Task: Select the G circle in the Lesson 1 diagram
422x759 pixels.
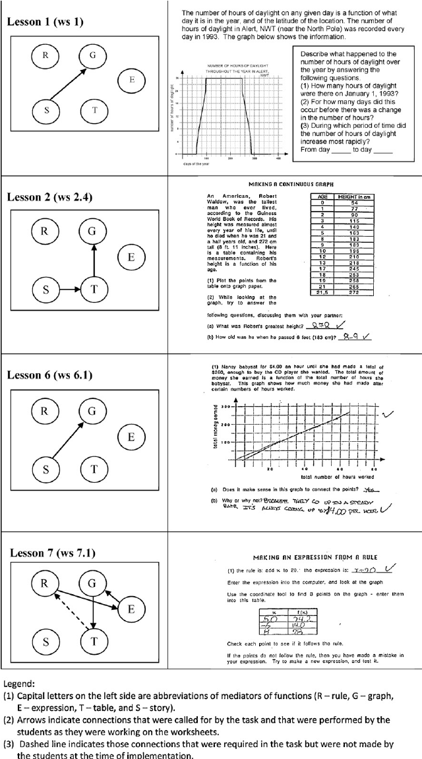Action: coord(93,55)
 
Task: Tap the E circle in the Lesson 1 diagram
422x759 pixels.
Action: coord(131,80)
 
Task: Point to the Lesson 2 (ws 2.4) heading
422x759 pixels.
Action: coord(49,197)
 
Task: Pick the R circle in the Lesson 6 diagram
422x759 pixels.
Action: coord(45,411)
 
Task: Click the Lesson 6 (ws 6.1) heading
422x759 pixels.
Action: coord(49,375)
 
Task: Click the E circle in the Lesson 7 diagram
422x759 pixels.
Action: coord(131,610)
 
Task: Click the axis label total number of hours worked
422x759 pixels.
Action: coord(337,475)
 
